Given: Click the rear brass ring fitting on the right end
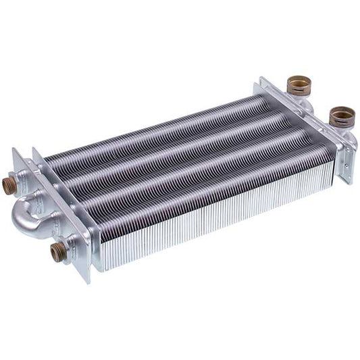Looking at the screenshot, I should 297,86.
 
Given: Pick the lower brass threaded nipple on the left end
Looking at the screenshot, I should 57,253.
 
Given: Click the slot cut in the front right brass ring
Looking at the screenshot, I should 336,124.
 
